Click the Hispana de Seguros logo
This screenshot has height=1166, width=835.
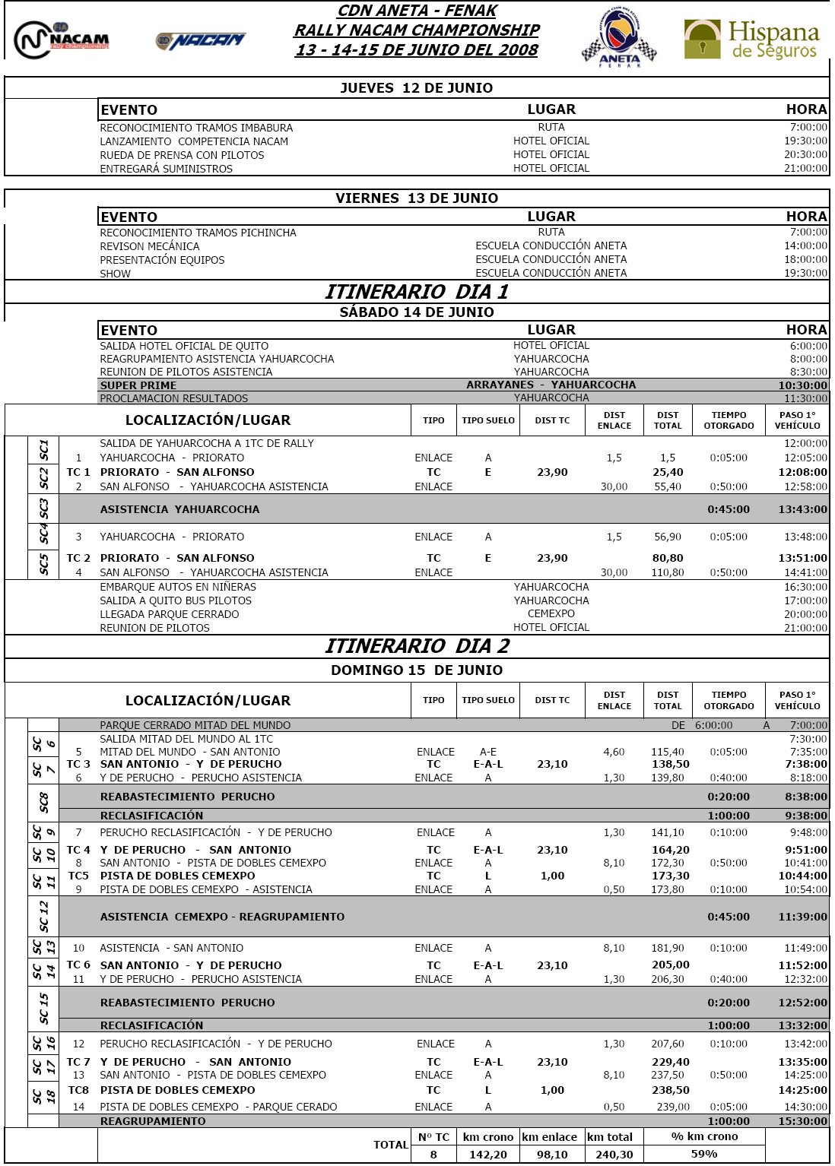(x=751, y=40)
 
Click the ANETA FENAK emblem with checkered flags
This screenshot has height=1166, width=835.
(x=619, y=38)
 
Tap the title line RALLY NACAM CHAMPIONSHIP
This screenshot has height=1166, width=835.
(x=417, y=30)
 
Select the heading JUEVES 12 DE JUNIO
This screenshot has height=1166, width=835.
(x=417, y=88)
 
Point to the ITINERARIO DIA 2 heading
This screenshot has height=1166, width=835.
(x=417, y=646)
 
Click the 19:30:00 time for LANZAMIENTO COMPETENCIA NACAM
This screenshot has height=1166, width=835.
(x=805, y=141)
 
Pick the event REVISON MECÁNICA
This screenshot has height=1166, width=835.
(x=150, y=246)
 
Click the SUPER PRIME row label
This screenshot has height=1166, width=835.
(x=138, y=385)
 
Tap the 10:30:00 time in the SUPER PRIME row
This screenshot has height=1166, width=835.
(x=802, y=385)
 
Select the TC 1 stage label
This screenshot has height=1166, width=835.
(x=78, y=472)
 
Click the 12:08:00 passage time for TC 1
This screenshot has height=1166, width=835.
(x=802, y=472)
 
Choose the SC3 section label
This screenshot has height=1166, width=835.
(x=44, y=509)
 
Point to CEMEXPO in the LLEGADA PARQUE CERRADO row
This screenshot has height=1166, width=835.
(x=551, y=614)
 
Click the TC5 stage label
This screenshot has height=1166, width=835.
(x=78, y=876)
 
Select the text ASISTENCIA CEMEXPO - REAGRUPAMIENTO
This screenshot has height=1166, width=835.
(x=222, y=917)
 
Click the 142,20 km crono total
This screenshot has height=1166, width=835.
(x=487, y=1154)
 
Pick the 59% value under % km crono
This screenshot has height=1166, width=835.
(x=704, y=1154)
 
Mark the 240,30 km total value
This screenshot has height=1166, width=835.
(x=614, y=1154)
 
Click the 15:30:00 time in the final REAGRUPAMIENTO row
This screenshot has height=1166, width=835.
(x=802, y=1121)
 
